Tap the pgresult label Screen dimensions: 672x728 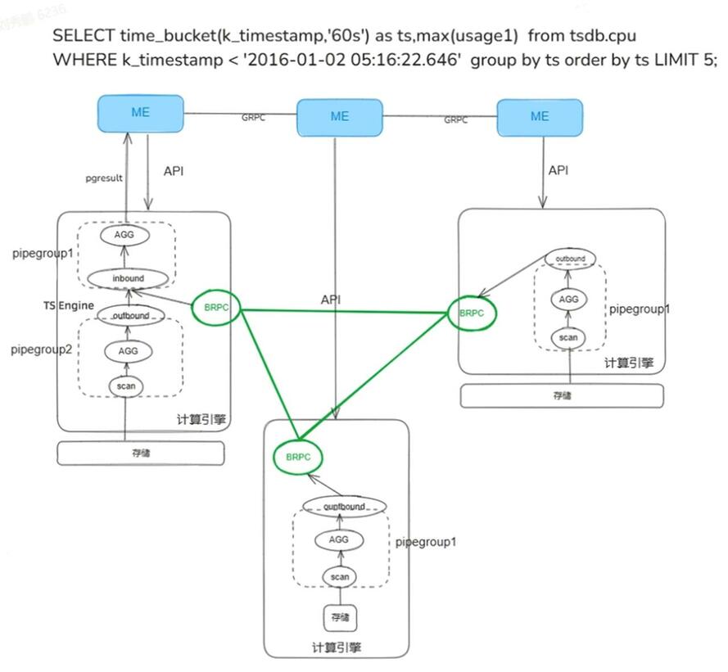point(104,176)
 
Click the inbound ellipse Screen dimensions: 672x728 point(128,278)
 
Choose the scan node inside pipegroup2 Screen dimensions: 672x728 point(126,385)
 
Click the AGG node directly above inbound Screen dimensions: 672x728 point(127,234)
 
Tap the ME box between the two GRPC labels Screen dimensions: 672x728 point(339,116)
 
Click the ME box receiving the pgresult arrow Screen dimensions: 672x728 point(140,113)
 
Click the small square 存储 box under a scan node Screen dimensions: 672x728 point(340,616)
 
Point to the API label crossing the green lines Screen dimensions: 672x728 point(329,300)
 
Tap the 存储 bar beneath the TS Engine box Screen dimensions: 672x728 point(141,452)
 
